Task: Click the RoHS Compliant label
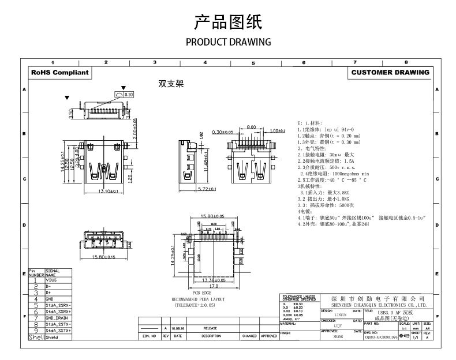[60, 73]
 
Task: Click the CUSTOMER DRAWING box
[390, 73]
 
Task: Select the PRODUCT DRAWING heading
[228, 42]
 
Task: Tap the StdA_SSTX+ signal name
[59, 331]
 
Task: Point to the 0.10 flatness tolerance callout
[128, 93]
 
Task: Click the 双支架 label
[171, 84]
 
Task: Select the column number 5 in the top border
[253, 62]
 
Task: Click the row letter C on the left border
[24, 179]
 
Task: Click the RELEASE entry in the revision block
[210, 328]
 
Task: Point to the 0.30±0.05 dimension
[223, 132]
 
